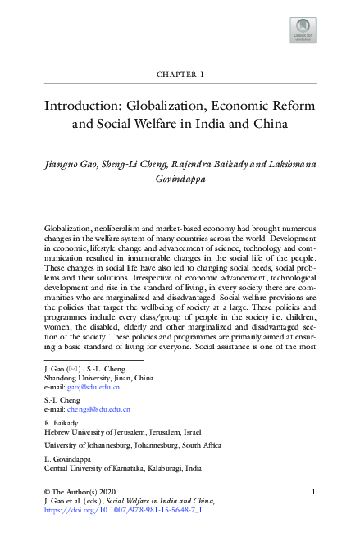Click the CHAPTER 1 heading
tap(180, 75)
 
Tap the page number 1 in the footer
tap(316, 491)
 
